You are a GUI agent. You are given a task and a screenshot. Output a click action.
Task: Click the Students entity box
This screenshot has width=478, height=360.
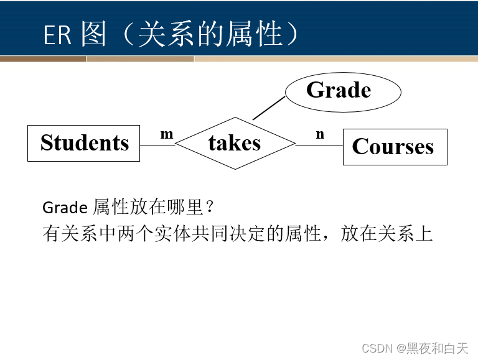(x=83, y=143)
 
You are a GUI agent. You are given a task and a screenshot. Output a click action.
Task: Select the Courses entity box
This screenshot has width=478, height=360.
(x=395, y=147)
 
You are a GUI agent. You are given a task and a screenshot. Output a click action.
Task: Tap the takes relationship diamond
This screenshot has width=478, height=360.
(x=235, y=143)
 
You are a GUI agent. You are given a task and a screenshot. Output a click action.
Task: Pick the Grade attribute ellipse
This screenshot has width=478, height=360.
(x=342, y=91)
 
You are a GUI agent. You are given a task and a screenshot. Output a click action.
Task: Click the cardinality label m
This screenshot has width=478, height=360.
(x=167, y=134)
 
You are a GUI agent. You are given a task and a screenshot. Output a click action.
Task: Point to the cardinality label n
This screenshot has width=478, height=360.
(x=320, y=134)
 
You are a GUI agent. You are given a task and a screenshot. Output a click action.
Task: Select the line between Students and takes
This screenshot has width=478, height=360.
(x=157, y=144)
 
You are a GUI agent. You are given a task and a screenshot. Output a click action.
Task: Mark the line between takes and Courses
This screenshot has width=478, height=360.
(x=319, y=145)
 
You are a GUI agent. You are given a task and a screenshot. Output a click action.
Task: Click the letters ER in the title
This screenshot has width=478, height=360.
(x=57, y=35)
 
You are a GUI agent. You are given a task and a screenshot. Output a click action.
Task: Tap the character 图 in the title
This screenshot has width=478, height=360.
(x=93, y=35)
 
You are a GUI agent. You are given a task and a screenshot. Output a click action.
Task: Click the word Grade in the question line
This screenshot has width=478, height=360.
(x=65, y=207)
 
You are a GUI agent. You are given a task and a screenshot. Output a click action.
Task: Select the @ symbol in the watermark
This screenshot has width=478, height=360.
(x=401, y=348)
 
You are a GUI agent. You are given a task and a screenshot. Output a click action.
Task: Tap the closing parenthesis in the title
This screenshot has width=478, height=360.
(x=292, y=35)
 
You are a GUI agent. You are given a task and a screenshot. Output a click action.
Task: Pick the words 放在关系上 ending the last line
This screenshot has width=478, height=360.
(x=387, y=234)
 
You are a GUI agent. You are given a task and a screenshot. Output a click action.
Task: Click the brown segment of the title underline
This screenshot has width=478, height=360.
(x=43, y=59)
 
